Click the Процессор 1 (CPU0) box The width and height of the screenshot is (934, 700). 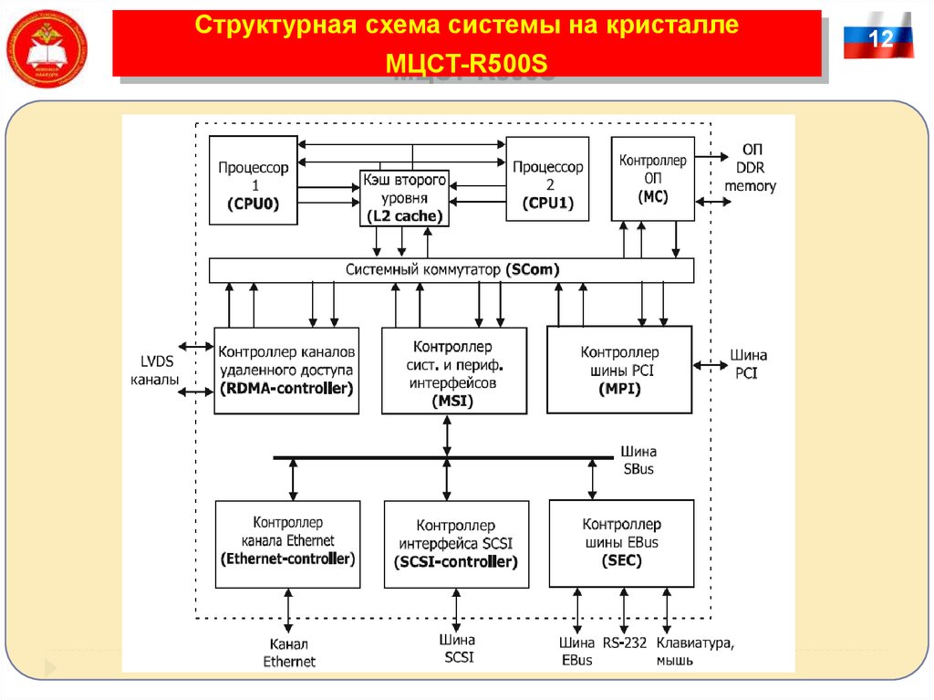[x=254, y=181]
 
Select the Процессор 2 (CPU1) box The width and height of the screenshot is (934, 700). [x=547, y=179]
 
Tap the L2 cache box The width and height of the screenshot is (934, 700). [x=403, y=197]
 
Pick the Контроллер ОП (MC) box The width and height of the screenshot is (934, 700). [x=652, y=178]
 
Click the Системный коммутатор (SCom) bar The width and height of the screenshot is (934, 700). [x=451, y=270]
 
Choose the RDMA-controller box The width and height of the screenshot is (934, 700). [x=286, y=370]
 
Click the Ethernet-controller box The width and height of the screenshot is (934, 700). [x=287, y=544]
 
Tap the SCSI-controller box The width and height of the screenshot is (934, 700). [x=455, y=545]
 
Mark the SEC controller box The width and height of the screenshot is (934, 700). [x=621, y=543]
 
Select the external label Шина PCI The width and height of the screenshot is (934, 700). [x=748, y=363]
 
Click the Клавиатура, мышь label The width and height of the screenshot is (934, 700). [x=694, y=651]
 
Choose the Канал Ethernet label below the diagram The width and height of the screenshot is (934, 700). [x=288, y=652]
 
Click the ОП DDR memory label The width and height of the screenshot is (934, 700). [x=750, y=168]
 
